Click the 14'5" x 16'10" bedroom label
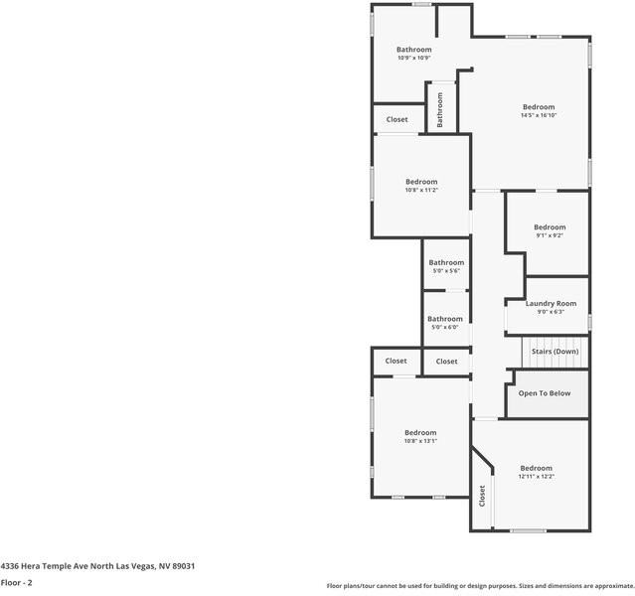[x=539, y=107]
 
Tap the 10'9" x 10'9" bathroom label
[x=413, y=50]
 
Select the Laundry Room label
[x=551, y=303]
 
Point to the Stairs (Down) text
[x=555, y=352]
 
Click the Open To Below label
[x=545, y=393]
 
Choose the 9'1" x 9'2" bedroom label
[x=550, y=227]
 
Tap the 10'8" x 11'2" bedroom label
[x=421, y=182]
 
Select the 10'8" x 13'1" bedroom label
[x=420, y=433]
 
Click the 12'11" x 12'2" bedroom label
[x=536, y=469]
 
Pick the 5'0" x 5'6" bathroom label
[x=446, y=263]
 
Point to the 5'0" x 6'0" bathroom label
[x=445, y=320]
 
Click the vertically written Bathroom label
[x=439, y=109]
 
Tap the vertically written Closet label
[x=483, y=495]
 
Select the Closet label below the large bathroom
[x=397, y=119]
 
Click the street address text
[x=97, y=565]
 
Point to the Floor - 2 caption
[x=17, y=582]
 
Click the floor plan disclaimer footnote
[x=480, y=586]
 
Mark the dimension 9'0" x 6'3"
[x=551, y=312]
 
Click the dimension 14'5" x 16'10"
[x=539, y=115]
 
